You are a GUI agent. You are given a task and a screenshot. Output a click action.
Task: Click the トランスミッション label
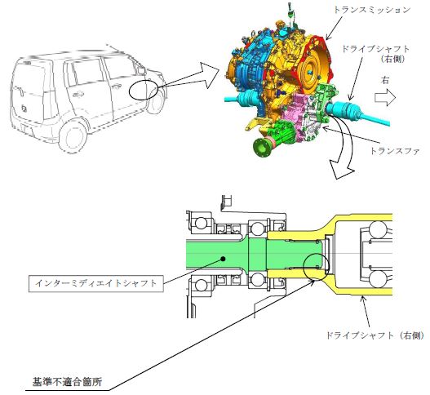pos(371,10)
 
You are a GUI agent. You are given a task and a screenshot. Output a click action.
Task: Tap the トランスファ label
pos(395,151)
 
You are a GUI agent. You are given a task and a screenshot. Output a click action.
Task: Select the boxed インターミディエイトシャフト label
pos(96,283)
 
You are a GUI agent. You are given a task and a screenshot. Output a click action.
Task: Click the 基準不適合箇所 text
pos(67,382)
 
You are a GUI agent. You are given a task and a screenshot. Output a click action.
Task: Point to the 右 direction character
pos(385,80)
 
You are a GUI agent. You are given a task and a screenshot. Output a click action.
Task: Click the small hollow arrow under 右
pos(385,98)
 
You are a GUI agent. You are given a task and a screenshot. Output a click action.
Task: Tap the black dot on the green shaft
pos(224,259)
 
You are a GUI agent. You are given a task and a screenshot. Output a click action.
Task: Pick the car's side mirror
pos(141,70)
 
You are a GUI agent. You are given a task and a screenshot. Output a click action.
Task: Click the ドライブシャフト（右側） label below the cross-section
pos(375,335)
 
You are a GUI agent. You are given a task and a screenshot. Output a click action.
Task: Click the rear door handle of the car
pos(78,95)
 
